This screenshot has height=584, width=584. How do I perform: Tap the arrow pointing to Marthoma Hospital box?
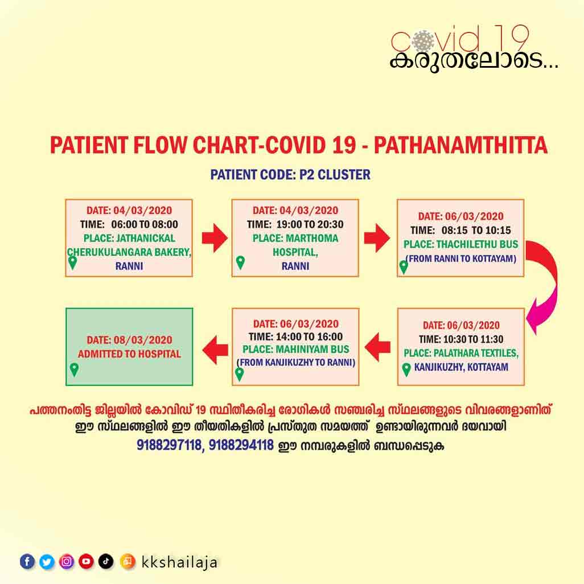(214, 238)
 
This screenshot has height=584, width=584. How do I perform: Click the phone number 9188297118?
(168, 445)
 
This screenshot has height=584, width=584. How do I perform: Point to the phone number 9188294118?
(241, 445)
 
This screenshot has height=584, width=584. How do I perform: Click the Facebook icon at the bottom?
(27, 562)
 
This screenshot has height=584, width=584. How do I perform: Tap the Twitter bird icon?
(47, 562)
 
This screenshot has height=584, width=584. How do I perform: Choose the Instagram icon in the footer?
(67, 562)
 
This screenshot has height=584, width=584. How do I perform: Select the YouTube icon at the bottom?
(86, 562)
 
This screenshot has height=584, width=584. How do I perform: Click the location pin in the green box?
(74, 369)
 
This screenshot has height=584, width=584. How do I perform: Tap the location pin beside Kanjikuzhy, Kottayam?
(406, 369)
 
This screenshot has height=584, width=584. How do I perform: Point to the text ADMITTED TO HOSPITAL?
(129, 354)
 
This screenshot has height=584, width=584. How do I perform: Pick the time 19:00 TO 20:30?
(308, 224)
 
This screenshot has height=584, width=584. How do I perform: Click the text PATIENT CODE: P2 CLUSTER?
(290, 174)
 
